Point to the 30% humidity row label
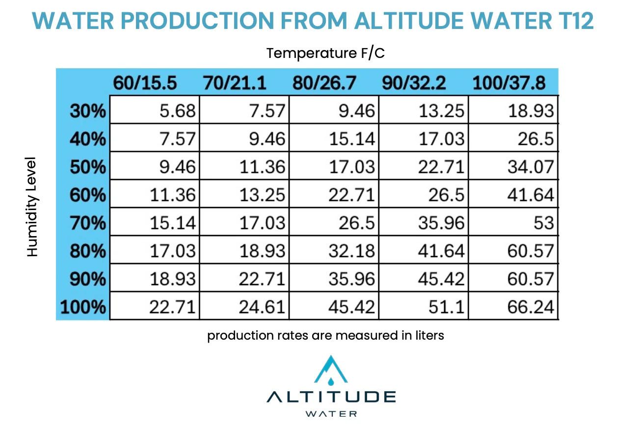click(x=88, y=111)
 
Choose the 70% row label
click(x=88, y=224)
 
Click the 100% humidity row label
click(x=83, y=308)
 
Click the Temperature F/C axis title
click(x=325, y=53)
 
